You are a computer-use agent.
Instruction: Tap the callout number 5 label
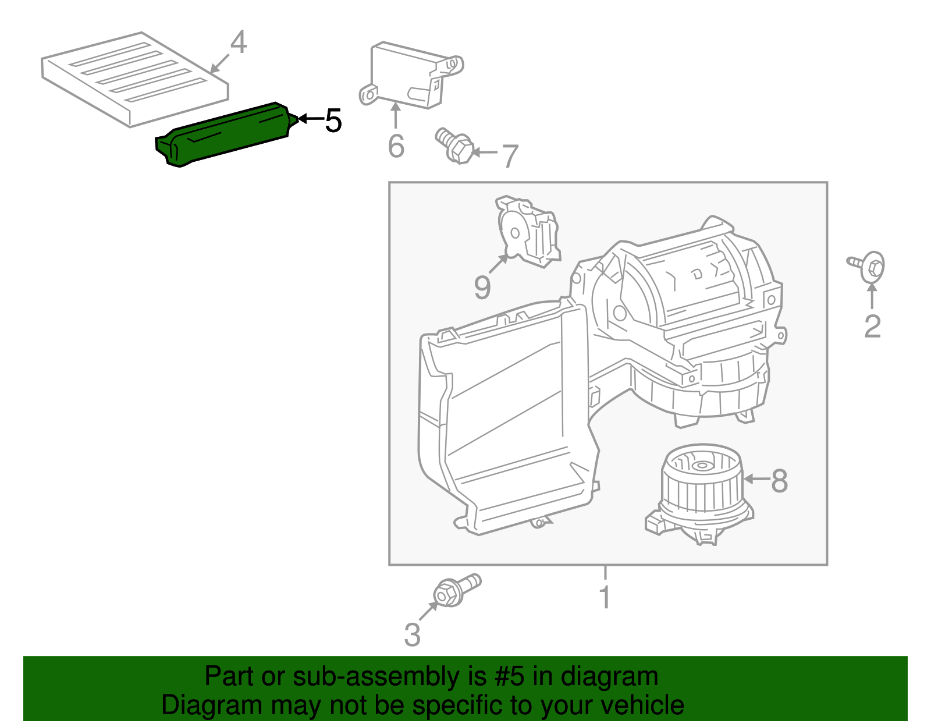(333, 121)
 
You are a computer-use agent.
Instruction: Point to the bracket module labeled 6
(407, 76)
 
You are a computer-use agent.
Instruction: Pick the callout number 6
(396, 146)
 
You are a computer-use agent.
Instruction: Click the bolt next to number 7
(455, 146)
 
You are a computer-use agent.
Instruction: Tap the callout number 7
(510, 156)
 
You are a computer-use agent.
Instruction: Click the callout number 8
(779, 481)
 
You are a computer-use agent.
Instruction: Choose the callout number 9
(482, 286)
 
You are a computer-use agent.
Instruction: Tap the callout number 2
(872, 327)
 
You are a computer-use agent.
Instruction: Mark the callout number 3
(412, 634)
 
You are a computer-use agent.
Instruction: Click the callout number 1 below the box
(605, 597)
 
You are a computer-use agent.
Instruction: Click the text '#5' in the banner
(510, 677)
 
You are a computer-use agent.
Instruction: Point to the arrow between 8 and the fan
(756, 479)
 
